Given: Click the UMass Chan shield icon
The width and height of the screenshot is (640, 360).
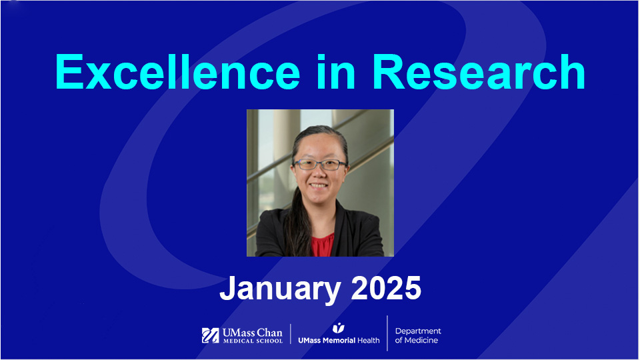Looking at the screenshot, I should pos(211,335).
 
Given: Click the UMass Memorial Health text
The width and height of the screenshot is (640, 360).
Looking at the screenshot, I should pos(338,341).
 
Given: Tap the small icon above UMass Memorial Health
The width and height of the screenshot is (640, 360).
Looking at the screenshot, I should pos(338,327).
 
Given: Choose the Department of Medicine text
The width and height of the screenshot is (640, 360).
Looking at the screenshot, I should pos(417,335).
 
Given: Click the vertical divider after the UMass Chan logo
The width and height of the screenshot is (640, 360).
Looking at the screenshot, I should pos(290,335).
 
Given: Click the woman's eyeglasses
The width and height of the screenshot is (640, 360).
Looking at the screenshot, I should pos(321,164).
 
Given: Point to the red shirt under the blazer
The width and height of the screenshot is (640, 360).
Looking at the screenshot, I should pos(321,245).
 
